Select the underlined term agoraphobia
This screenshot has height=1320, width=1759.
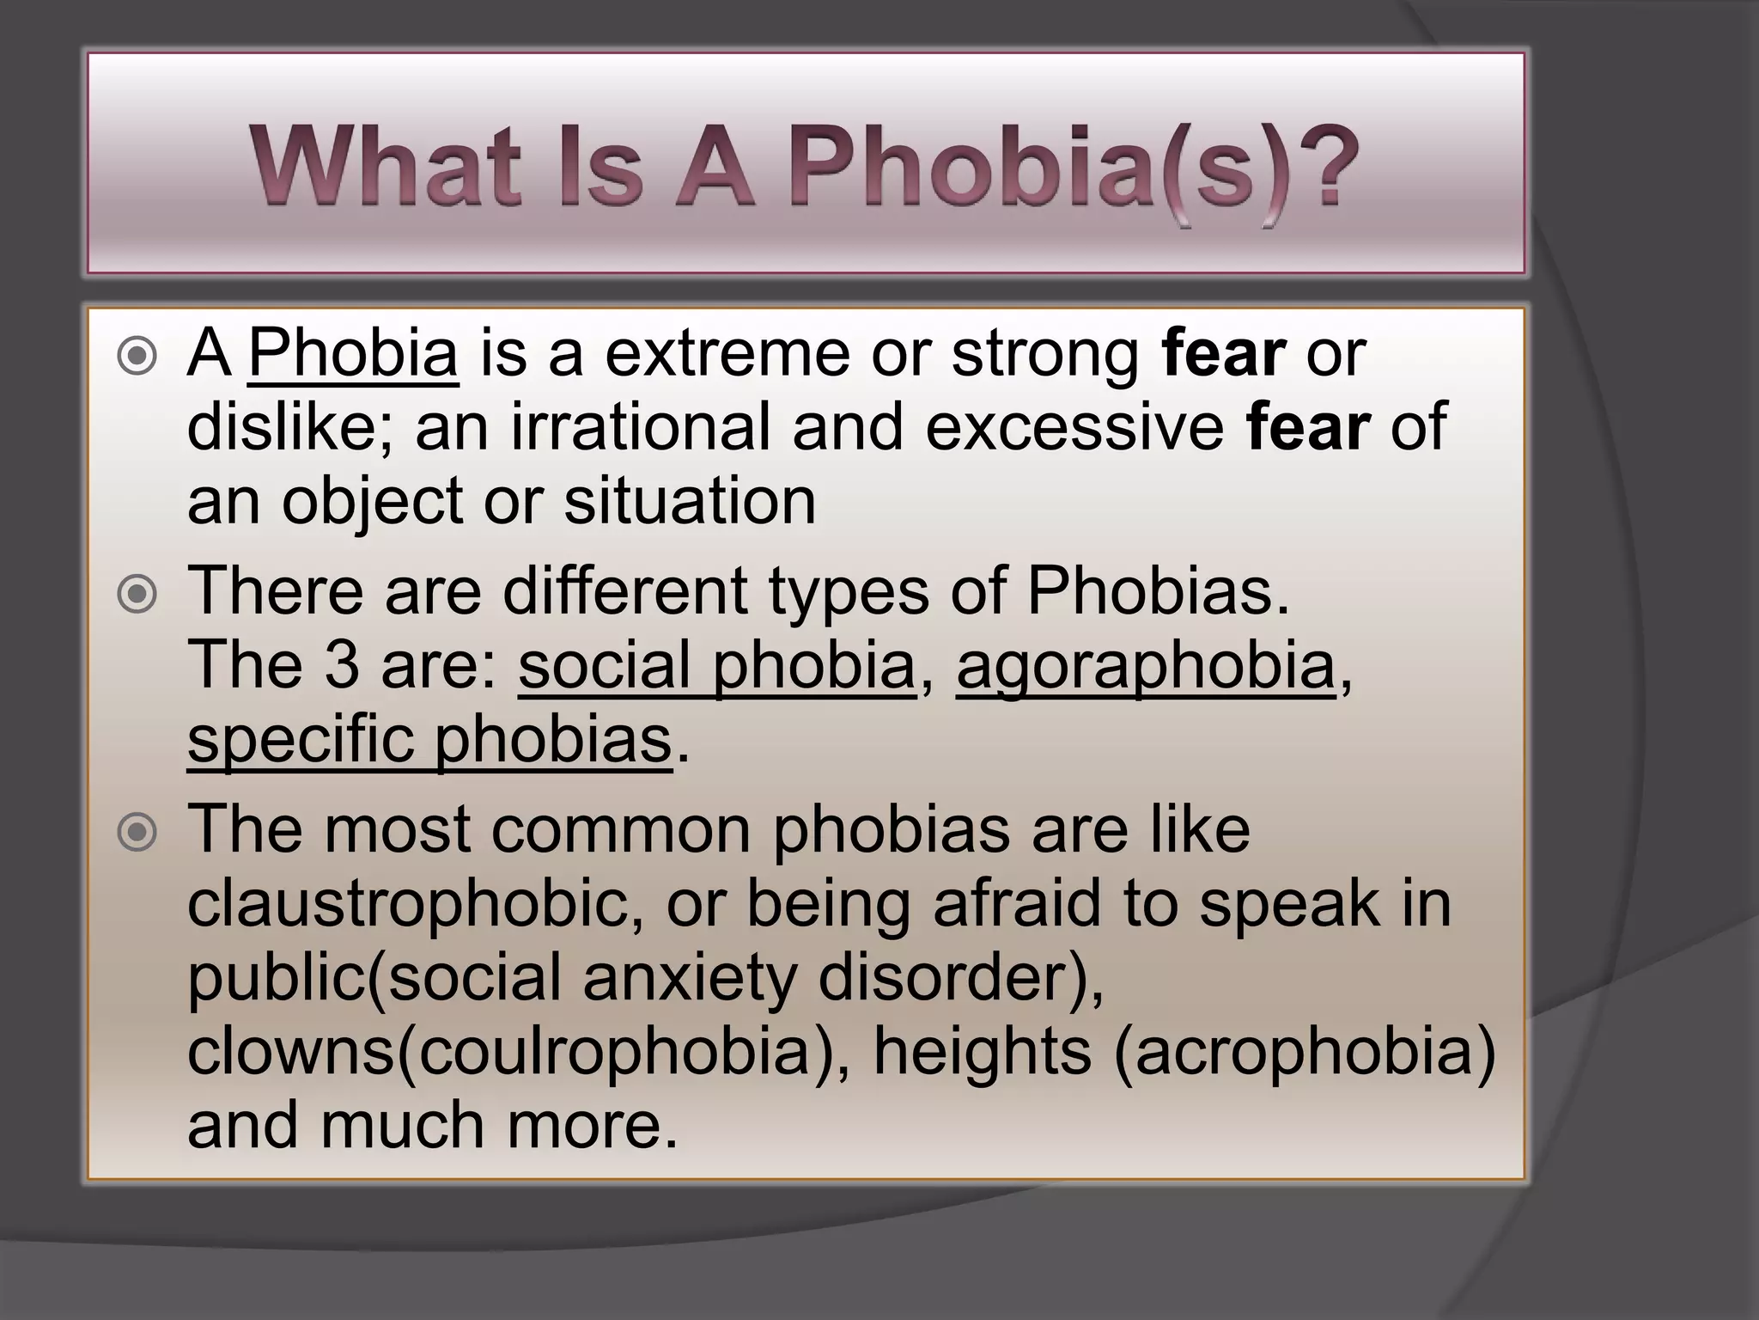coord(1146,666)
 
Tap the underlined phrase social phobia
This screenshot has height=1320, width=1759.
coord(717,666)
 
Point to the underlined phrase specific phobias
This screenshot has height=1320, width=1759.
coord(429,740)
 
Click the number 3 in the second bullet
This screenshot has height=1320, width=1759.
coord(342,666)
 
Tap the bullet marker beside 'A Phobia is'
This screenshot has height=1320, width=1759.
coord(137,357)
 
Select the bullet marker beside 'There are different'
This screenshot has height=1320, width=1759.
coord(137,595)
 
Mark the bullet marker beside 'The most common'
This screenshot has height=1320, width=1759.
coord(137,832)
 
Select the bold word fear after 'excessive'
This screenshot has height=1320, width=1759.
coord(1308,427)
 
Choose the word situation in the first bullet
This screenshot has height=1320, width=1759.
coord(690,501)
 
